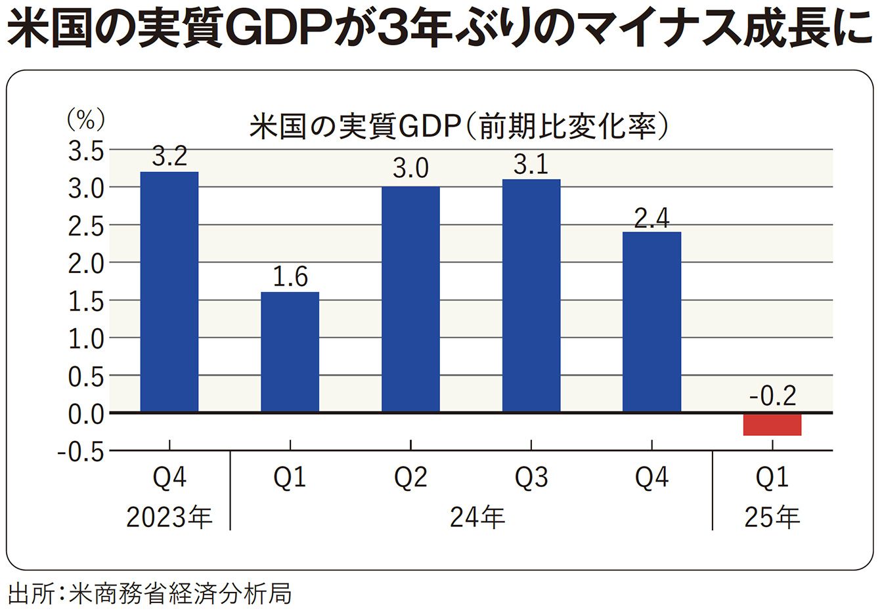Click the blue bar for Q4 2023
[x=169, y=292]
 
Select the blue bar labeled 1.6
[x=290, y=352]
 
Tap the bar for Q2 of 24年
[x=410, y=299]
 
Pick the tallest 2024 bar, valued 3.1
[x=531, y=295]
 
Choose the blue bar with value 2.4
[x=651, y=322]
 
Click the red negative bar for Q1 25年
[x=772, y=425]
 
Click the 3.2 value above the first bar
[x=169, y=156]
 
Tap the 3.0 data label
[x=410, y=169]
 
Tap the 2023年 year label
[x=169, y=518]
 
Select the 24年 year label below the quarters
[x=477, y=518]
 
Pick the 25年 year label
[x=772, y=518]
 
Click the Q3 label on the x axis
[x=531, y=478]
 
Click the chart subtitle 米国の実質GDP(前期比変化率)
[x=459, y=127]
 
